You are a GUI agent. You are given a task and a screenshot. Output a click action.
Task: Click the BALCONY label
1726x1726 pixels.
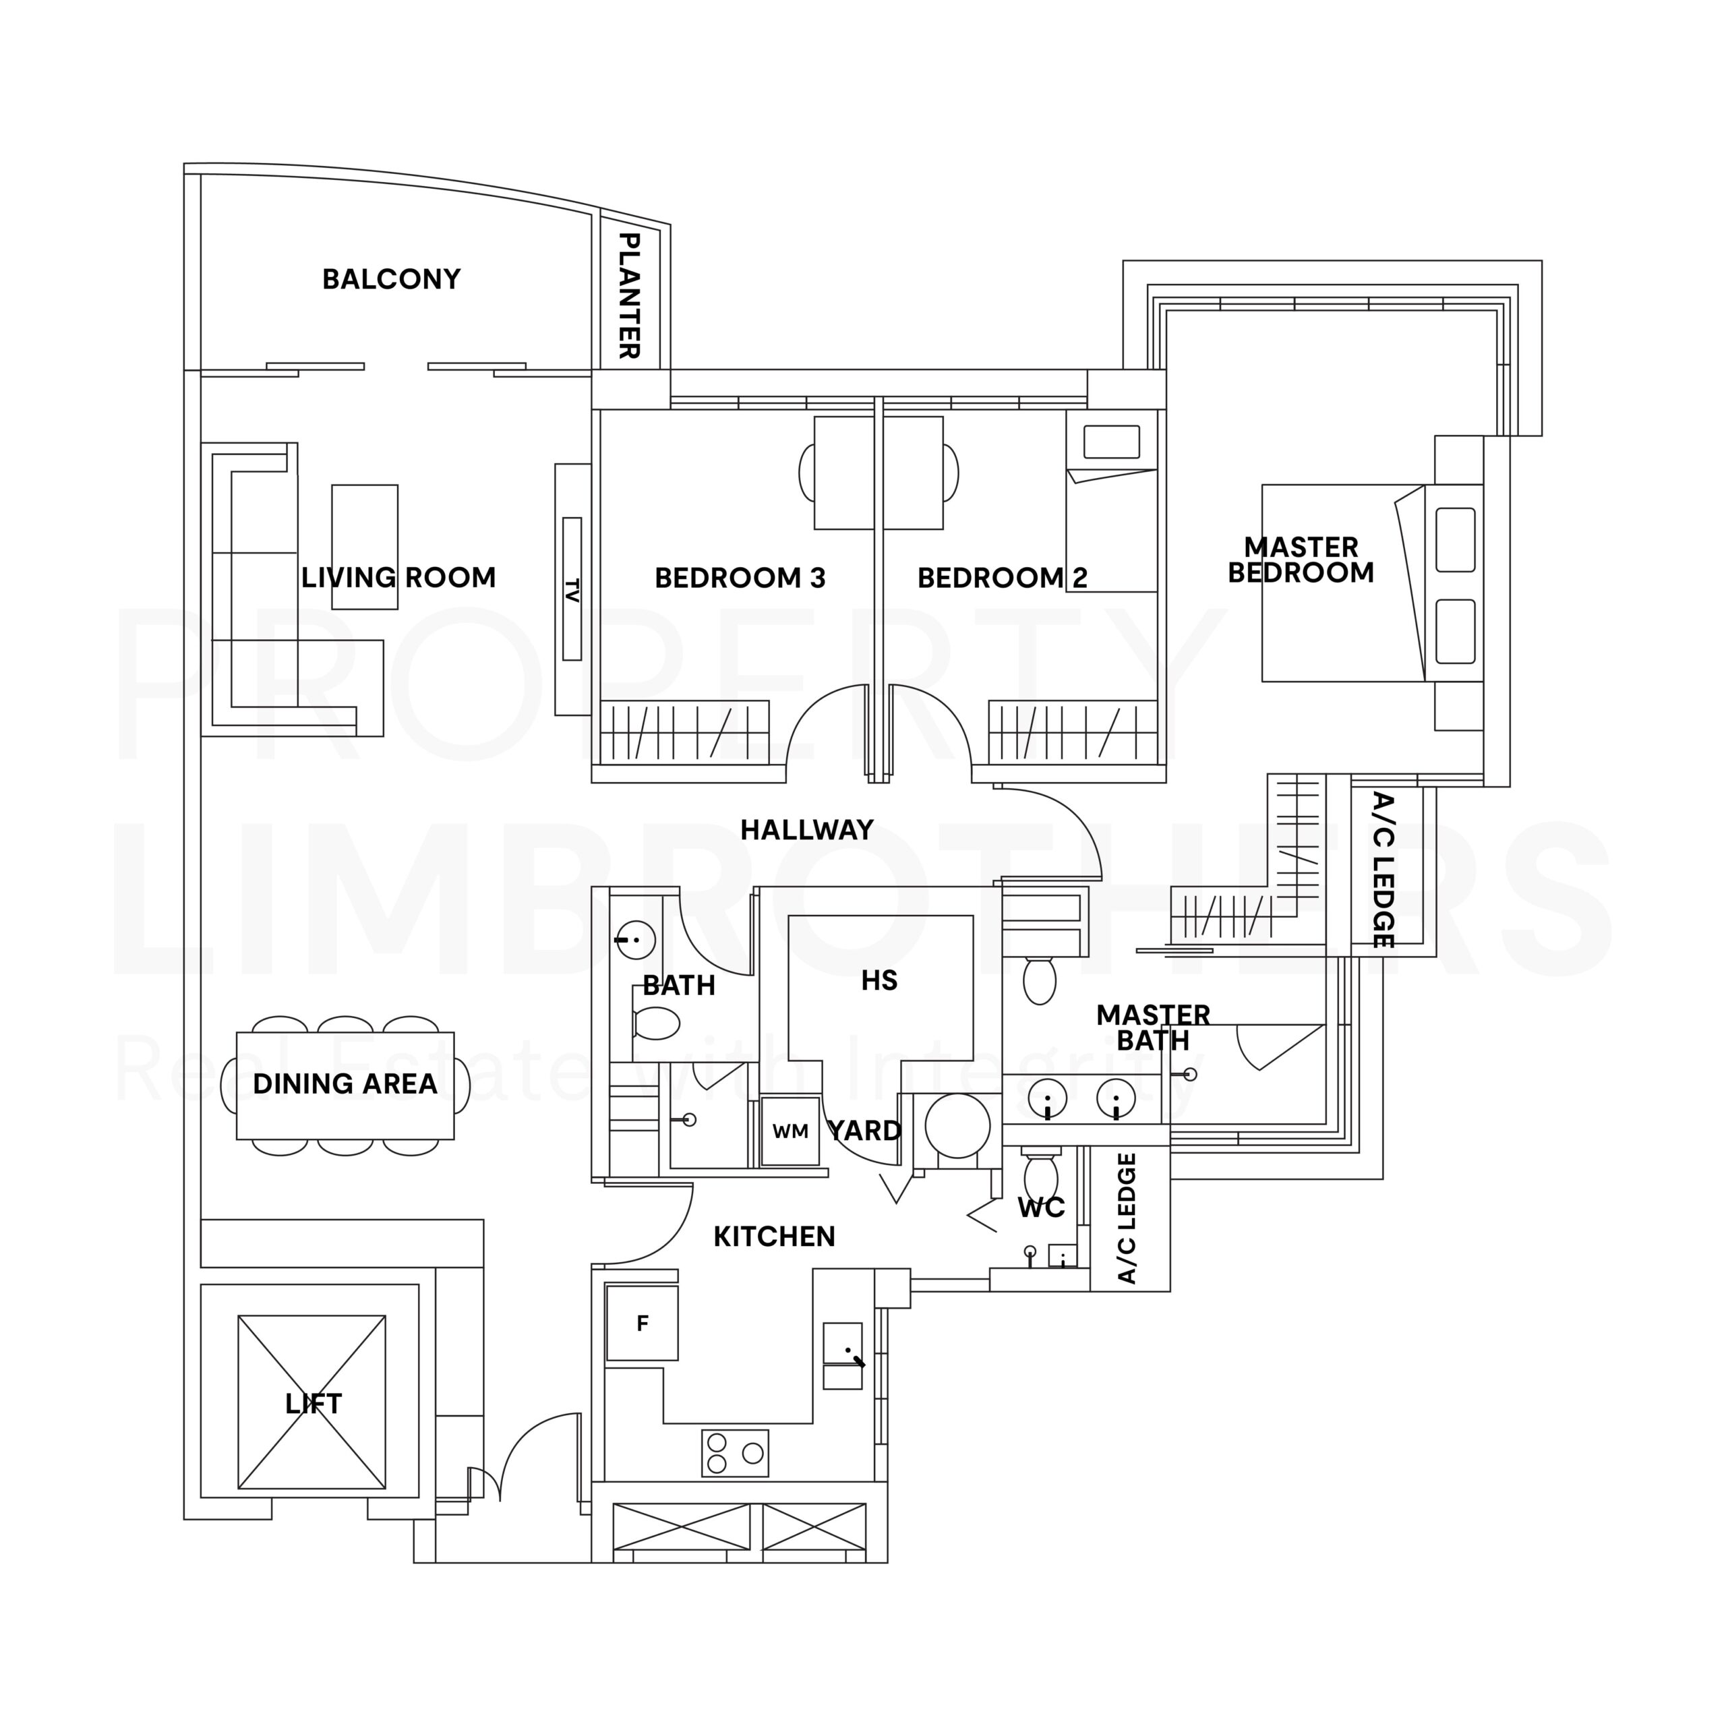[x=391, y=280]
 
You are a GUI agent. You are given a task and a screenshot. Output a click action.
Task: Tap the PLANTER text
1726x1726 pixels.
[x=630, y=296]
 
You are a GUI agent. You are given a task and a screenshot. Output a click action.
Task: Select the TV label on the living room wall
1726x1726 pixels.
[x=572, y=590]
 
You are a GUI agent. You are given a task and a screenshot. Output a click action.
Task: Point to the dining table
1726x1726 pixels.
[x=345, y=1085]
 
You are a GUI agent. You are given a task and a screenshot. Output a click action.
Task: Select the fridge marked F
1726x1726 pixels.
[x=641, y=1323]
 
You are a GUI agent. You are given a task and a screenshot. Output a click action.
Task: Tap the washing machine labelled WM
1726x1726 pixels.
[x=790, y=1131]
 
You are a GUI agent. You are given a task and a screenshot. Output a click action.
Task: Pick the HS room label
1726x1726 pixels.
[x=879, y=981]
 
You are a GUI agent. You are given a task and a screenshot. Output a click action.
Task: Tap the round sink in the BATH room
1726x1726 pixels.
[x=636, y=940]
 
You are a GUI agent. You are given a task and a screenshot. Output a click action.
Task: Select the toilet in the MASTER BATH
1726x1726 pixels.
[x=1039, y=981]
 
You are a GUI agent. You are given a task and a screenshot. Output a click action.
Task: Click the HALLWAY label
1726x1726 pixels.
[x=807, y=830]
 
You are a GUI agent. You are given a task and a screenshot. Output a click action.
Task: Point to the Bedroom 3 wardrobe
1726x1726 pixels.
[x=684, y=733]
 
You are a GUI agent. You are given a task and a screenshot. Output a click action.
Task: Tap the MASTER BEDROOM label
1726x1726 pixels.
[x=1301, y=559]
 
